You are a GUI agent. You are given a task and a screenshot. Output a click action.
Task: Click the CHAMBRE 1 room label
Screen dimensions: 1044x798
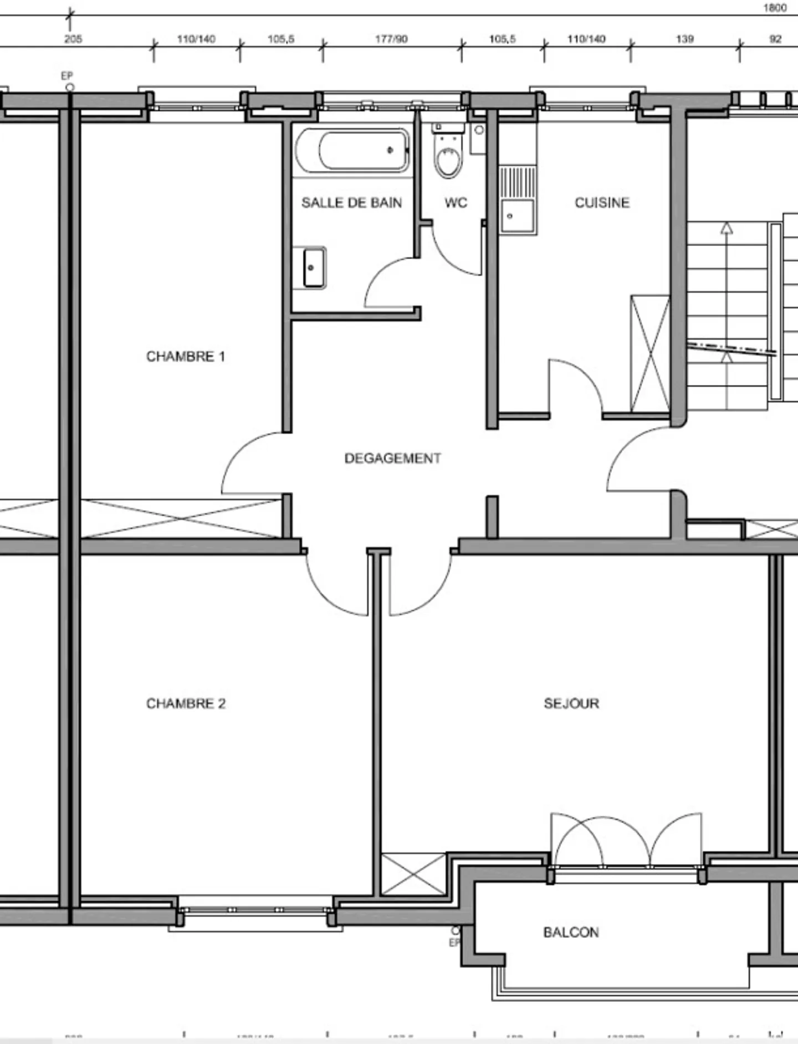pos(185,356)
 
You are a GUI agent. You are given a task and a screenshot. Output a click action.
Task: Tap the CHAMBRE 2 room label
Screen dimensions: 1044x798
pos(186,703)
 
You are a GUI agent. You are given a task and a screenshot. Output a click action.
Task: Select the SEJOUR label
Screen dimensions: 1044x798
pos(571,703)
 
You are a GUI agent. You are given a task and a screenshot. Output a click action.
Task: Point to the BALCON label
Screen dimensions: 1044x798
pos(571,932)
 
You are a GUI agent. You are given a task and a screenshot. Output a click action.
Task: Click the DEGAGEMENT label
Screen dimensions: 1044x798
pos(392,458)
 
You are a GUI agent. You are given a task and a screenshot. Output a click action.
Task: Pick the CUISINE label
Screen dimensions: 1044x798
pos(602,203)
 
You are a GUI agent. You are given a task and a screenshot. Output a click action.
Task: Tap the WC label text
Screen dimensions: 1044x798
pos(456,203)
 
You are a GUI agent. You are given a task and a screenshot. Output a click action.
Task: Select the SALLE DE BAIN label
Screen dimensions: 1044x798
pos(351,203)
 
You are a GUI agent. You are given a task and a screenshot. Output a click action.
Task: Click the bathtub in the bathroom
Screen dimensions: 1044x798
pos(352,151)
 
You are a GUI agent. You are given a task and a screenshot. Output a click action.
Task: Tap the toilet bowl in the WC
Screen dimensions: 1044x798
pos(448,161)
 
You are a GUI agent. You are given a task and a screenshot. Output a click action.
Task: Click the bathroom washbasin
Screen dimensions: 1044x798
pos(314,268)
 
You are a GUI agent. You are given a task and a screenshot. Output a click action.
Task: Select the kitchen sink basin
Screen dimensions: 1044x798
pos(518,217)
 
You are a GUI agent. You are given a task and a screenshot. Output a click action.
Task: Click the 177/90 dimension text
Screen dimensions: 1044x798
pos(391,39)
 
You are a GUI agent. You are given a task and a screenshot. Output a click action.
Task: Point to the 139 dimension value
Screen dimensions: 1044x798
pos(684,39)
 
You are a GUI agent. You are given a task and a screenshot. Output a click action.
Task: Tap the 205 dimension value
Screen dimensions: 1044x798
pos(73,39)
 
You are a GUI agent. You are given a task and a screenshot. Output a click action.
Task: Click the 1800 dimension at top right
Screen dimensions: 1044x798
pos(775,8)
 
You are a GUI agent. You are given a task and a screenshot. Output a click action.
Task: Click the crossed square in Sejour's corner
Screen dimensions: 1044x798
pos(413,874)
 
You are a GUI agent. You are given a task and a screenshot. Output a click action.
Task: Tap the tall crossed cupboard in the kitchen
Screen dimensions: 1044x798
pos(650,354)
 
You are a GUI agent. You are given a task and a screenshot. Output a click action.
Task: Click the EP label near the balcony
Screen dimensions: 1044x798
pos(454,942)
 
